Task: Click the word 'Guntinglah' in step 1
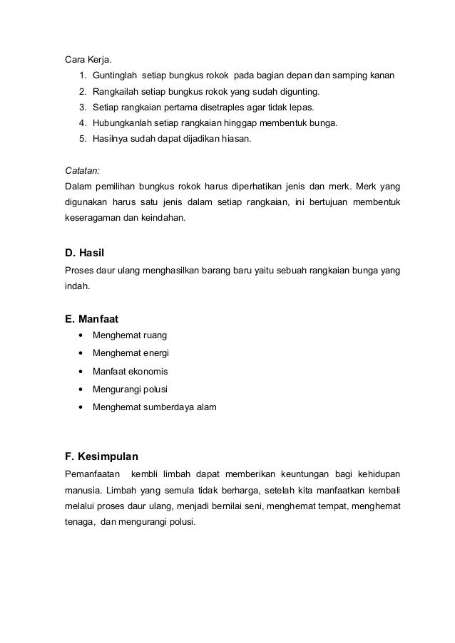(115, 75)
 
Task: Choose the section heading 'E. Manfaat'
(92, 319)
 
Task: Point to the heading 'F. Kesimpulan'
(101, 456)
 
